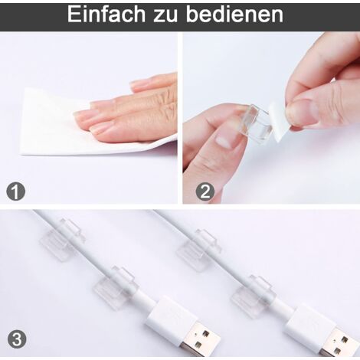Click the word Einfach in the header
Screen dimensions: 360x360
point(106,15)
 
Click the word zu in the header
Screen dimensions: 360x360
point(165,16)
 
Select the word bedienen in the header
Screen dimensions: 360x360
point(234,15)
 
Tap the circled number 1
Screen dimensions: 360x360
point(16,191)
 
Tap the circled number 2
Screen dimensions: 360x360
point(205,191)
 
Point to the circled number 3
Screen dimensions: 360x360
point(17,339)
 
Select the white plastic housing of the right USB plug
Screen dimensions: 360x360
point(309,322)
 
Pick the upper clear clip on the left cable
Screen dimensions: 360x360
point(62,239)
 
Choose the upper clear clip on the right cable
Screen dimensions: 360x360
point(199,250)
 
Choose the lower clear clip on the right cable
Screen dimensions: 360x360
point(252,296)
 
